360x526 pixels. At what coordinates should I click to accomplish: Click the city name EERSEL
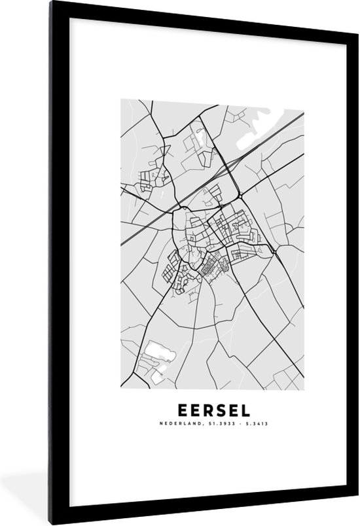pos(213,411)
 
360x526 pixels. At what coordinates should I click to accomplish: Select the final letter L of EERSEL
pos(245,411)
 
